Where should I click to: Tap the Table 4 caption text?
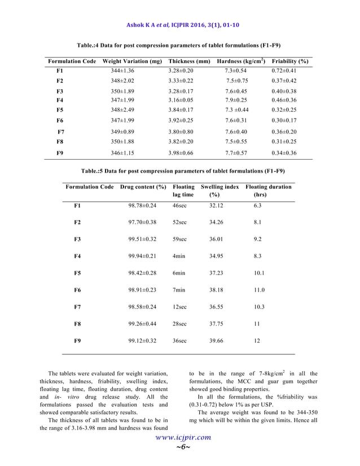coord(179,45)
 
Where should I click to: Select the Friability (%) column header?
coord(289,61)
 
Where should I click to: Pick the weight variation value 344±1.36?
coord(122,71)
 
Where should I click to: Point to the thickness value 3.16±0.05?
coord(181,100)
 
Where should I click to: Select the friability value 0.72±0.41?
coord(284,71)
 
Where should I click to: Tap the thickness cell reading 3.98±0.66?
coord(181,153)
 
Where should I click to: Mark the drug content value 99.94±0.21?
coord(142,256)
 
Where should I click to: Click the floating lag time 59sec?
coord(179,239)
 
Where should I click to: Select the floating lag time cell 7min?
coord(179,290)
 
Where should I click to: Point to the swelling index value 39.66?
coord(216,341)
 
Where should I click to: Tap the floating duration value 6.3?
coord(257,205)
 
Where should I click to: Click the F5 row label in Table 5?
coord(78,273)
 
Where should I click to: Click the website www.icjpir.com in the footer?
coord(180,437)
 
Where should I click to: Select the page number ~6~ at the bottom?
coord(180,447)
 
